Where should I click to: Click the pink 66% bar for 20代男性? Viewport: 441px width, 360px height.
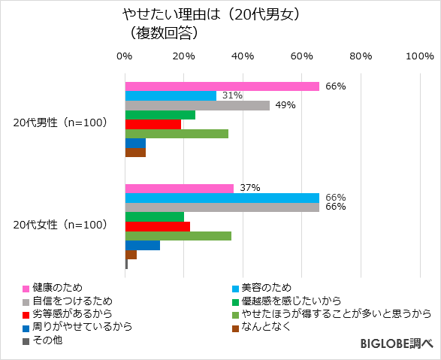pos(222,86)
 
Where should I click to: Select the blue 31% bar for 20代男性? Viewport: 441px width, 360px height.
pos(171,95)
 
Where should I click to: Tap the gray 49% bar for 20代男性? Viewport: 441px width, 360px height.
pos(197,105)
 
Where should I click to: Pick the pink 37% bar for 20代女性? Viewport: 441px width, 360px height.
pos(179,188)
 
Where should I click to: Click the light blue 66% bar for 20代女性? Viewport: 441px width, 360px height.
pos(222,198)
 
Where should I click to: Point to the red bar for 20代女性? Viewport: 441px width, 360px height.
pos(157,226)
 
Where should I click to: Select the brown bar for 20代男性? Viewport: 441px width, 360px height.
pos(135,153)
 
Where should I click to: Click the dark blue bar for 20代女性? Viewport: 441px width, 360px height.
pos(142,245)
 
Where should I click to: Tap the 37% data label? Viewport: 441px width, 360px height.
pos(249,188)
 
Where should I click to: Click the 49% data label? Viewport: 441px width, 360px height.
pos(285,105)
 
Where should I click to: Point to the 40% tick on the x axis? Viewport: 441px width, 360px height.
pos(243,56)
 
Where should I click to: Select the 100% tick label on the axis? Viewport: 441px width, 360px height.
pos(418,56)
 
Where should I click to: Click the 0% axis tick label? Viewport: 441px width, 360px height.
pos(125,56)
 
